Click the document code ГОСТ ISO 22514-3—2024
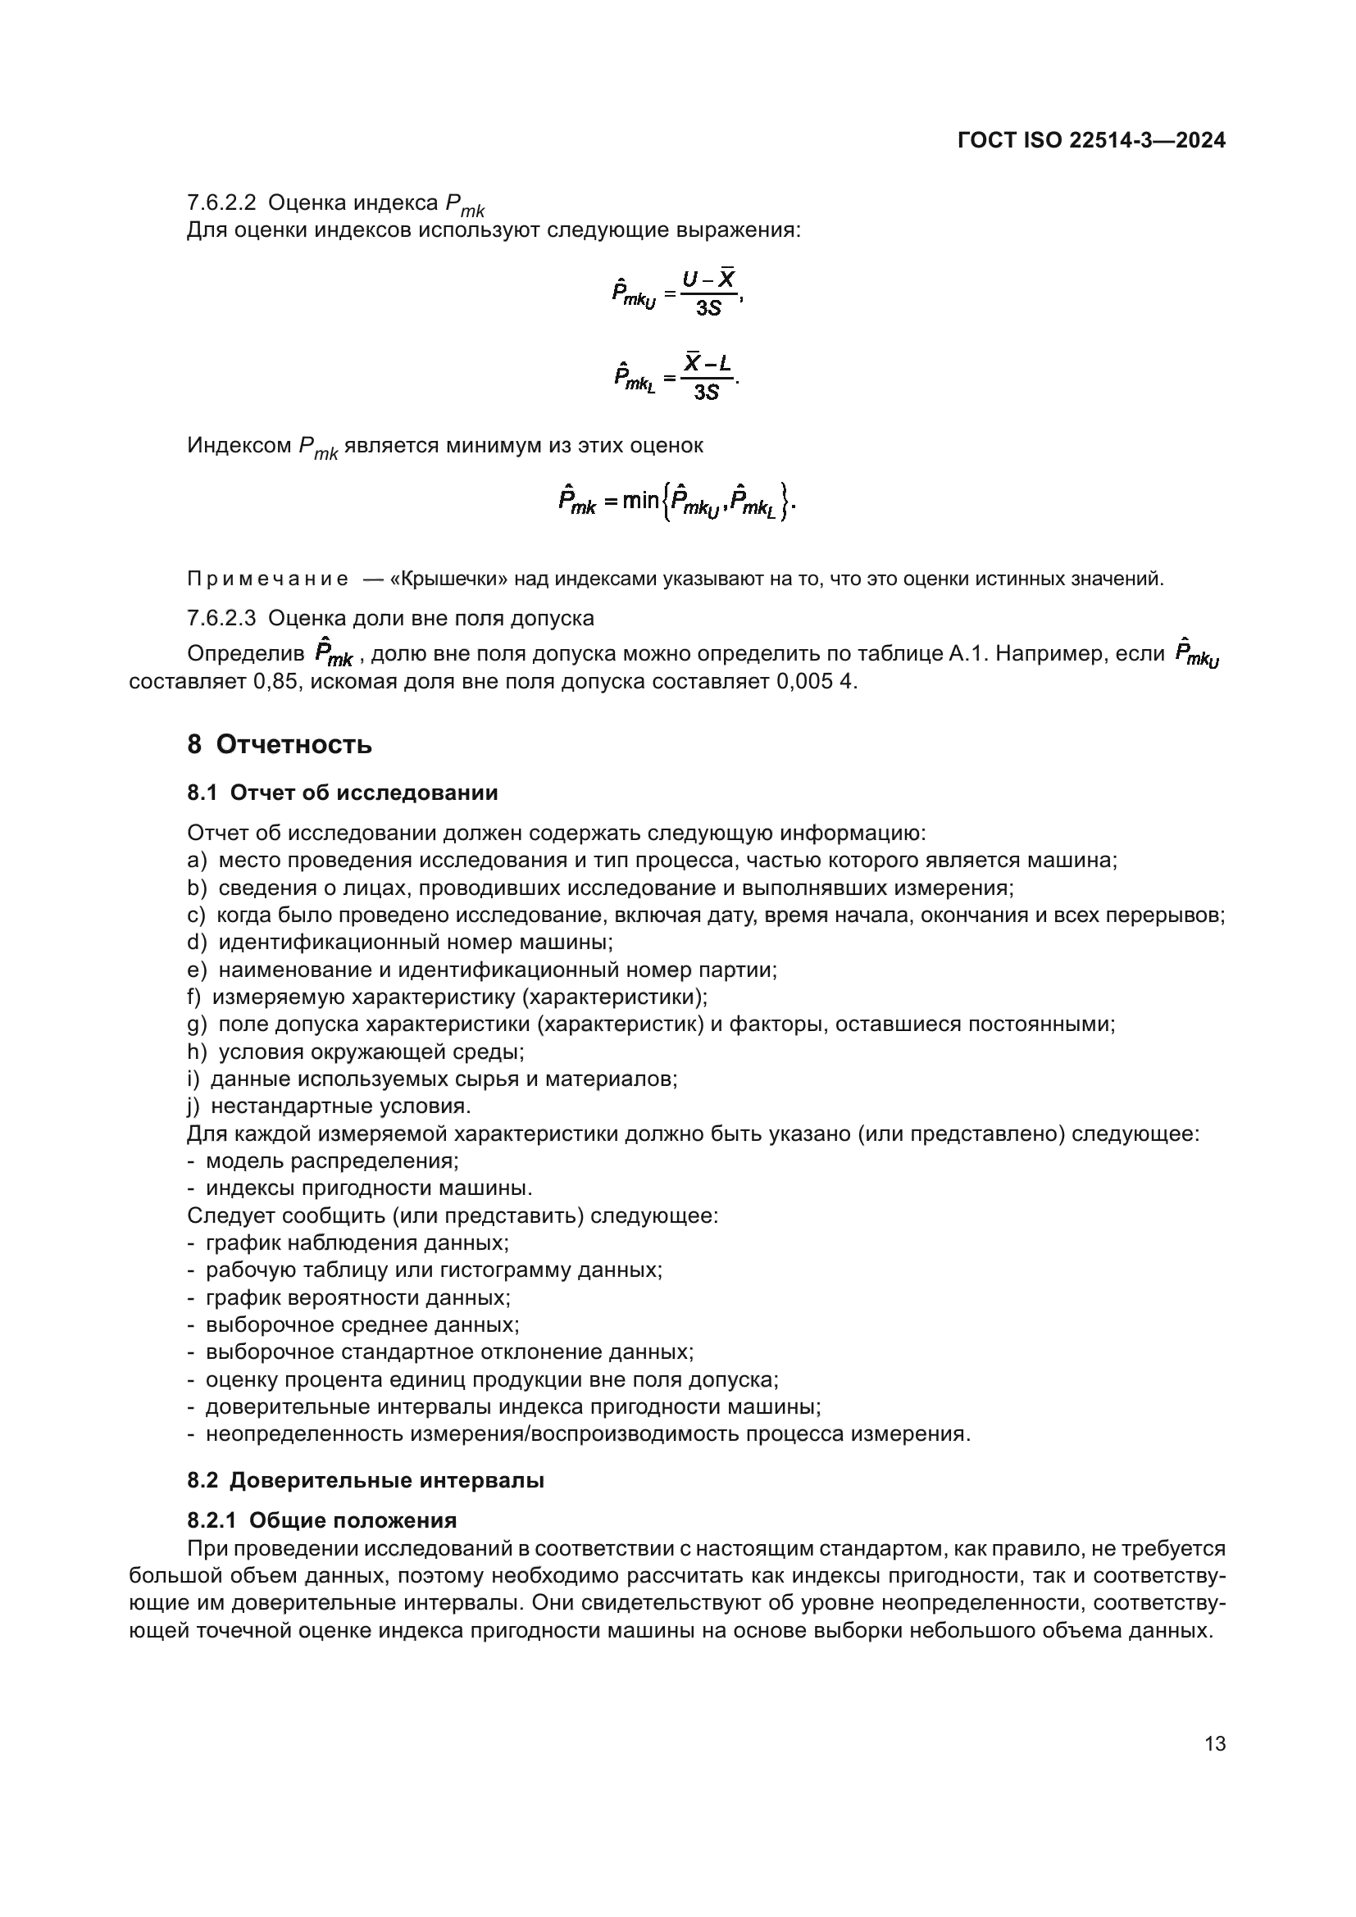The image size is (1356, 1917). pyautogui.click(x=1090, y=140)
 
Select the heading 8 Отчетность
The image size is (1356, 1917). pyautogui.click(x=280, y=744)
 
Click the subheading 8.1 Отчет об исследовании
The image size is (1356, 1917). pyautogui.click(x=343, y=793)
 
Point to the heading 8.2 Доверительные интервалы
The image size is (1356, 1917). pyautogui.click(x=366, y=1480)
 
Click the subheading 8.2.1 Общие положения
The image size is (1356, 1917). pyautogui.click(x=322, y=1520)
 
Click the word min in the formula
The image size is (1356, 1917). pyautogui.click(x=640, y=501)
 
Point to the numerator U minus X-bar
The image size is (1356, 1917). pyautogui.click(x=708, y=279)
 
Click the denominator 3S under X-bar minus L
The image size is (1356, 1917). pyautogui.click(x=707, y=393)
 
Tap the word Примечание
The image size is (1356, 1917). pyautogui.click(x=267, y=579)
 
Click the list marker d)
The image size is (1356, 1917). pyautogui.click(x=197, y=943)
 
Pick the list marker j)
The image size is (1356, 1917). pyautogui.click(x=194, y=1106)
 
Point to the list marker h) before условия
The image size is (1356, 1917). pyautogui.click(x=197, y=1052)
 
